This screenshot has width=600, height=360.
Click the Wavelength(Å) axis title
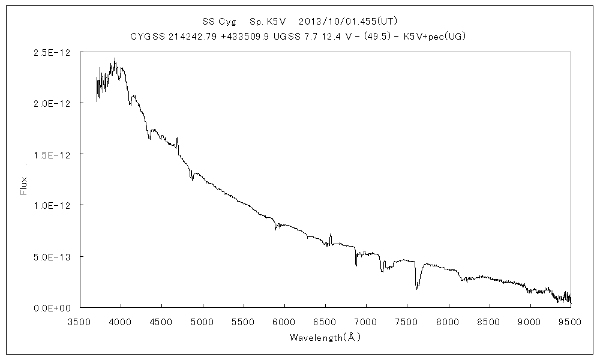click(325, 337)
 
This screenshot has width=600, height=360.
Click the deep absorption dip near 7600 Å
click(416, 286)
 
